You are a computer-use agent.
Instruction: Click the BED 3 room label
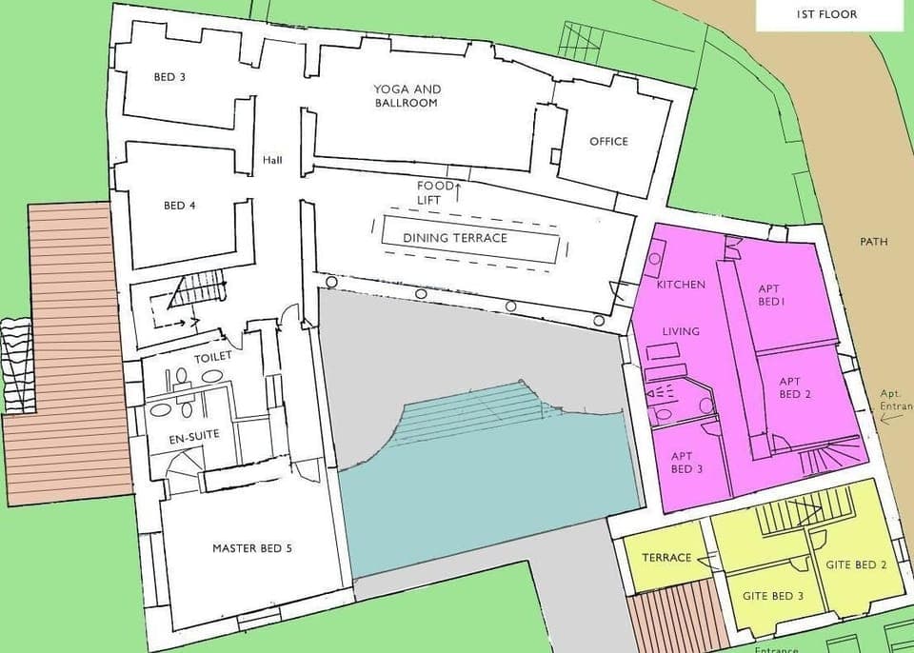point(169,77)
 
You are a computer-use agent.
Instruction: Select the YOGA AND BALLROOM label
point(407,95)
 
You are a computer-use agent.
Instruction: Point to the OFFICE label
point(608,142)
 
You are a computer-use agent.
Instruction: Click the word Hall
point(273,160)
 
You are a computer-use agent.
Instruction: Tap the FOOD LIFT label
point(435,192)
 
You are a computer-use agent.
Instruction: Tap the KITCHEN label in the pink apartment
point(681,285)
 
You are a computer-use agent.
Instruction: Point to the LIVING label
point(681,331)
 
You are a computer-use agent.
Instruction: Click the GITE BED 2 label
point(856,564)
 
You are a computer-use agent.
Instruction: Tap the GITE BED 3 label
point(773,596)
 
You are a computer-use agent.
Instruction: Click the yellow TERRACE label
point(666,558)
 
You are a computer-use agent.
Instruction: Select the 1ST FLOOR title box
point(826,14)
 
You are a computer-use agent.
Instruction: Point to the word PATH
point(873,242)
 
